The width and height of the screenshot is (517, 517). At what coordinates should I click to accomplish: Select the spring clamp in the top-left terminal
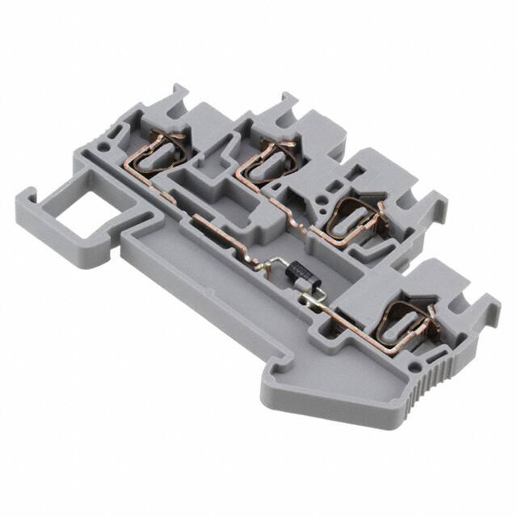point(158,149)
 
